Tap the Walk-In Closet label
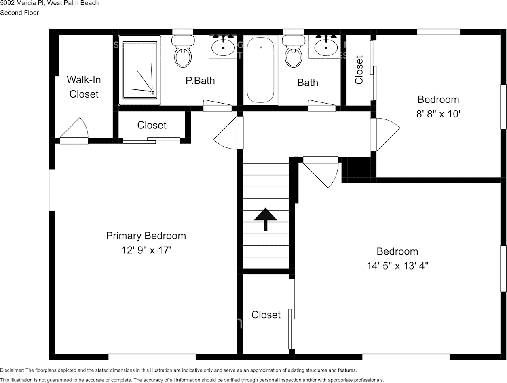84,87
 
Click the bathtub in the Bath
261,70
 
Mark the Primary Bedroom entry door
229,133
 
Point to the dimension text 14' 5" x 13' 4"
397,266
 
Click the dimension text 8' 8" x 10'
438,114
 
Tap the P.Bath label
200,81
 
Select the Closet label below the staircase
266,315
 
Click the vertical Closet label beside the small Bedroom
359,70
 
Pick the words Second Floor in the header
19,13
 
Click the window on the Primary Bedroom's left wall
52,190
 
